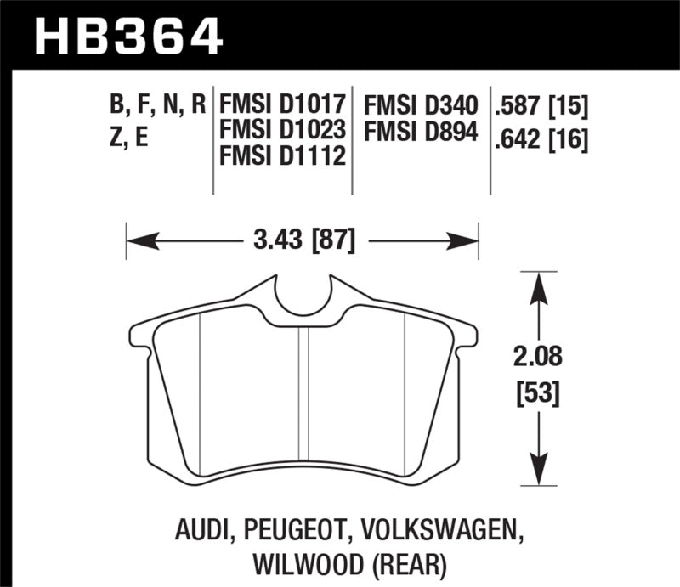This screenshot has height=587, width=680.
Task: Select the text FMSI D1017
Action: pos(282,106)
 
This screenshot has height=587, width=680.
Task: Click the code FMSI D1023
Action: pos(282,132)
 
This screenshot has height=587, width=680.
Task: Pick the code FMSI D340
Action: pos(421,106)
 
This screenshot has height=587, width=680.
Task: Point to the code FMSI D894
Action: pos(421,132)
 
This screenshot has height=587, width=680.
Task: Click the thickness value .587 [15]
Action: pos(541,106)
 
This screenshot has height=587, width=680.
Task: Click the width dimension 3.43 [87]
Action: pos(303,240)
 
